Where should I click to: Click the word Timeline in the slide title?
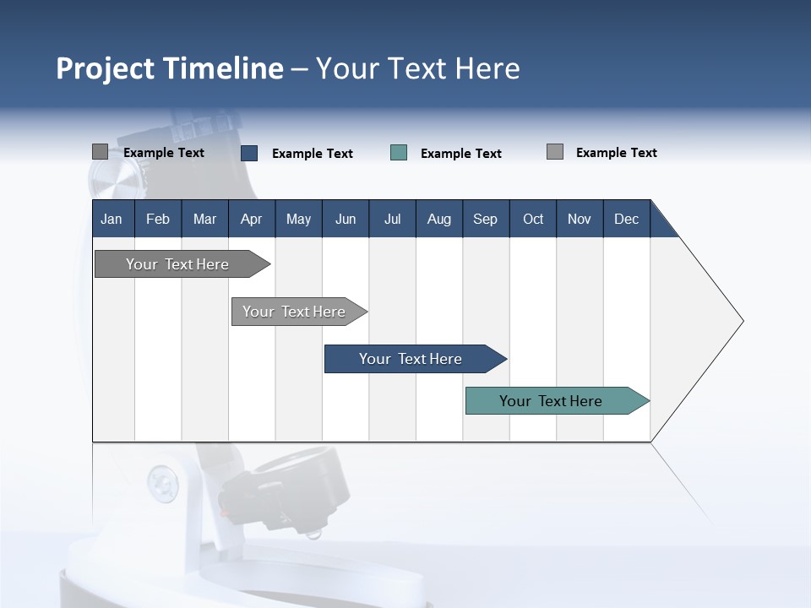(x=224, y=68)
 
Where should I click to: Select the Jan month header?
(x=112, y=219)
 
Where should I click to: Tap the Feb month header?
(x=158, y=219)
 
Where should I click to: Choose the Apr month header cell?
(x=251, y=219)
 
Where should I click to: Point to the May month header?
(x=298, y=219)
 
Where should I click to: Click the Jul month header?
(x=392, y=219)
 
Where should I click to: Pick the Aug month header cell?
(x=438, y=219)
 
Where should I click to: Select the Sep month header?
(x=485, y=219)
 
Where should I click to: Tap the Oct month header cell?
(x=533, y=219)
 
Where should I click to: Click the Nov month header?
(x=580, y=219)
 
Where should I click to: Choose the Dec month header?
(x=626, y=219)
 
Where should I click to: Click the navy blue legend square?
(x=249, y=153)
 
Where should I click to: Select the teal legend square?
(x=399, y=153)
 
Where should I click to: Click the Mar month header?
(x=204, y=219)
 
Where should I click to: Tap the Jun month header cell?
(x=346, y=219)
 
